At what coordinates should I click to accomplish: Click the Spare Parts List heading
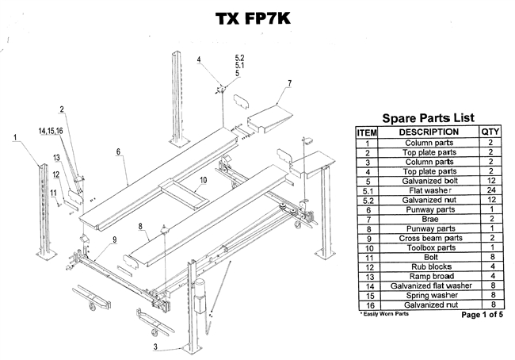pos(429,117)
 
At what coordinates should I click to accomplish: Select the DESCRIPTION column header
pos(429,132)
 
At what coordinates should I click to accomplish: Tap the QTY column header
pos(490,132)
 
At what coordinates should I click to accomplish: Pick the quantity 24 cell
pos(490,191)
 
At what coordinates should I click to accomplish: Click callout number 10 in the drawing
pos(203,180)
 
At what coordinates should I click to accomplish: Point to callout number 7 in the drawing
pos(290,83)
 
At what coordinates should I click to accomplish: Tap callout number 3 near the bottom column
pos(156,347)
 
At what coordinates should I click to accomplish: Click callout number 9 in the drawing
pos(114,239)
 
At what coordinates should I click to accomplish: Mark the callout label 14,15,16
pos(50,130)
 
